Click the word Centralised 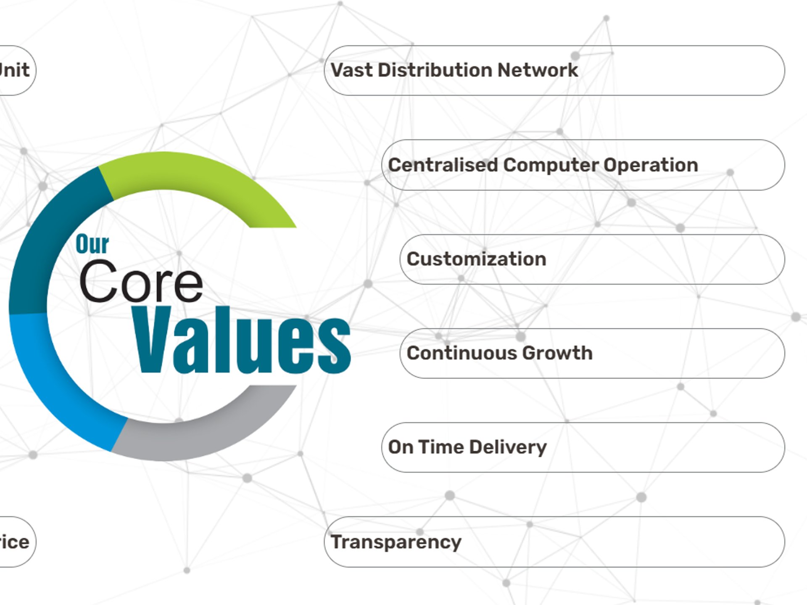(x=443, y=165)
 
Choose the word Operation (x=651, y=165)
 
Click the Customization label (x=476, y=259)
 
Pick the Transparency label (x=396, y=542)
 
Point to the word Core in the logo (x=141, y=282)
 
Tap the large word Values (x=242, y=341)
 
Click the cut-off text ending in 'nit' (x=14, y=70)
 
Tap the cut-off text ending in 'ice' (x=14, y=542)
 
